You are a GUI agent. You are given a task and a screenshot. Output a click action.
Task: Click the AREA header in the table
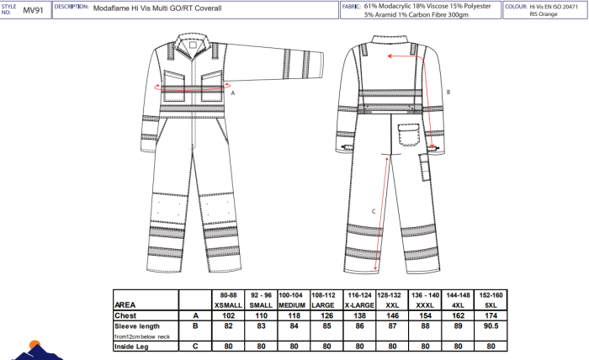pyautogui.click(x=125, y=304)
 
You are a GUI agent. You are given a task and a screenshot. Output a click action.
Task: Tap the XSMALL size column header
pyautogui.click(x=228, y=304)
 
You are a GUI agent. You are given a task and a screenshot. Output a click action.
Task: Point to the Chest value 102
pyautogui.click(x=228, y=315)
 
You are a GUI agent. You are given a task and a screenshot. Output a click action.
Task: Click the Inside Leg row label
pyautogui.click(x=131, y=345)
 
